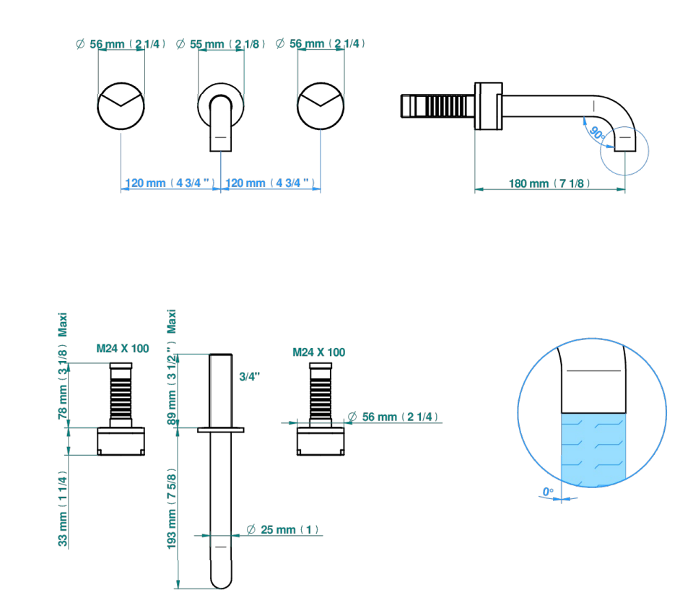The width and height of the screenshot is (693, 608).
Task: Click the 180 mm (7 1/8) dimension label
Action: coord(549,183)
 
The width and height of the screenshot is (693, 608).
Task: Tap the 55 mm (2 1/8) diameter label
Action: coord(220,44)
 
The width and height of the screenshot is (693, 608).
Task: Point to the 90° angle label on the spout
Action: coord(597,133)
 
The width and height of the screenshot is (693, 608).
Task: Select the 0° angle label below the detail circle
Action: coord(548,492)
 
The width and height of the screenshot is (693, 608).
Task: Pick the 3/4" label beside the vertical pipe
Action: coord(249,376)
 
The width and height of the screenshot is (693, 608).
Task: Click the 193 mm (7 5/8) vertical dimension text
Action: coord(172,509)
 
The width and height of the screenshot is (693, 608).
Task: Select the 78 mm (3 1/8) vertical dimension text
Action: coord(63,384)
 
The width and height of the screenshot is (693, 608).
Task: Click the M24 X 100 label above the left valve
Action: coord(123,349)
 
